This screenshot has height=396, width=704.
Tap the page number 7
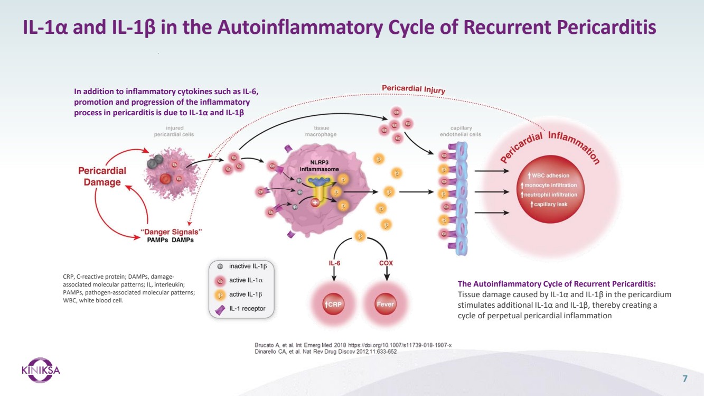click(685, 378)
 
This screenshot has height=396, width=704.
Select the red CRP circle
click(334, 305)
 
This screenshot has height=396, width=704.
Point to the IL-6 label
click(334, 263)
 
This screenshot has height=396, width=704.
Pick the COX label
click(386, 263)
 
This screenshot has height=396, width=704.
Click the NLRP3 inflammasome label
click(317, 165)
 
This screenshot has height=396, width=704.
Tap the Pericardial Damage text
click(102, 177)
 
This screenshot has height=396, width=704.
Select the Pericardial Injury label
click(413, 89)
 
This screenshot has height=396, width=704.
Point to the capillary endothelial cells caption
click(461, 131)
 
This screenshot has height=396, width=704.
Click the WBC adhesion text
click(549, 175)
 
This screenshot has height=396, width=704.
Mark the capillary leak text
click(549, 204)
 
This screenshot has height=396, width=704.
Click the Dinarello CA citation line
click(325, 352)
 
